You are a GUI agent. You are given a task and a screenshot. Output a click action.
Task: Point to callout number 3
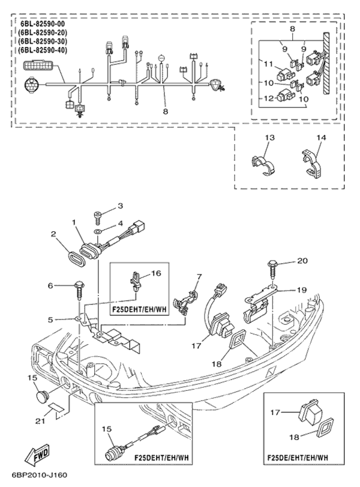(x=119, y=206)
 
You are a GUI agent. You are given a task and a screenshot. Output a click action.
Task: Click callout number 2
(x=53, y=234)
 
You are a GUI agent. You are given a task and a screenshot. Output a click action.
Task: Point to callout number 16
(x=157, y=273)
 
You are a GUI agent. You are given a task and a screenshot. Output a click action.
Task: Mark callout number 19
(x=301, y=289)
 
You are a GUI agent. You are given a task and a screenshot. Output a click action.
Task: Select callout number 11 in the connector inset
(x=268, y=62)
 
